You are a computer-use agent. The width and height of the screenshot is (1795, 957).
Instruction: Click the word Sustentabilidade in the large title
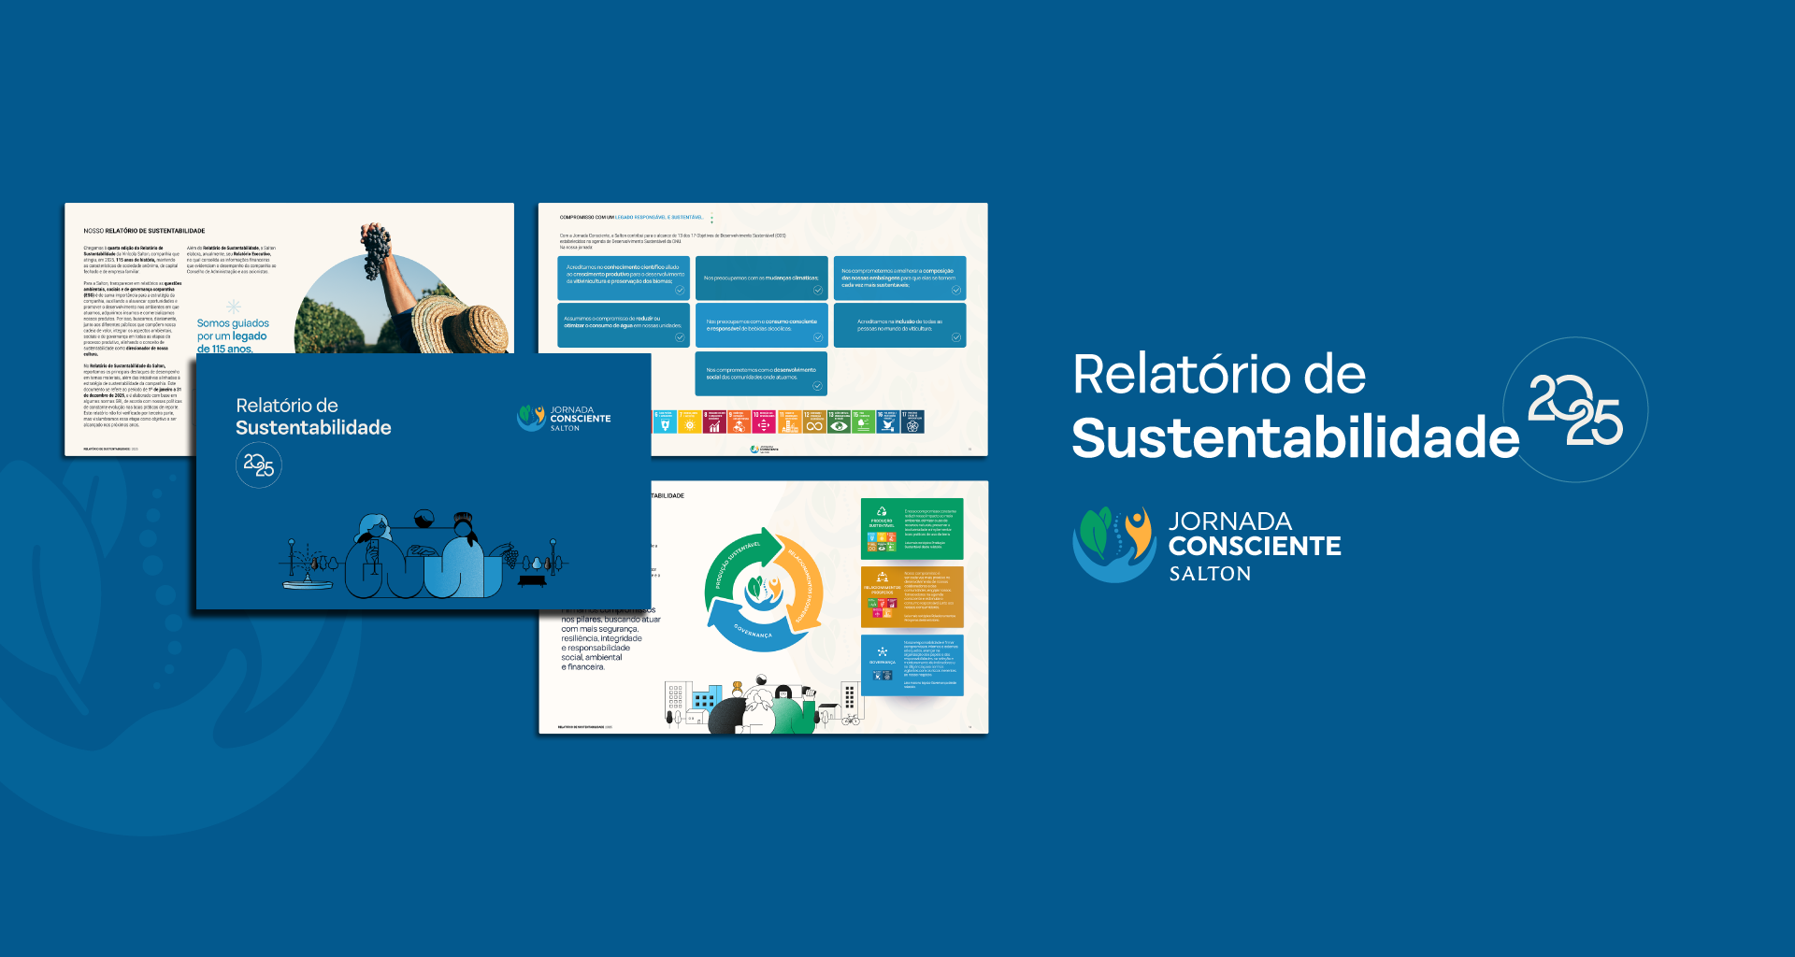coord(1295,437)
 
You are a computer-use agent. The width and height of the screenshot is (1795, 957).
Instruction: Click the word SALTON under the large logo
coord(1210,574)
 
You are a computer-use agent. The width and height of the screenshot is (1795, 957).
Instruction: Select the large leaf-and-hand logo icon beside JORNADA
coord(1114,544)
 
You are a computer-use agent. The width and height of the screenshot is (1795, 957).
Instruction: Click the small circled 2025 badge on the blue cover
coord(258,464)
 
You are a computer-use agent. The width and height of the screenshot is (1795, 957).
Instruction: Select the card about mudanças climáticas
coord(761,278)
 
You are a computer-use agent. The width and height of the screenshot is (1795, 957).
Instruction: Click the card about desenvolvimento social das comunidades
coord(761,373)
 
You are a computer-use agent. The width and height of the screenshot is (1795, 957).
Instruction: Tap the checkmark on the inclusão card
coord(955,337)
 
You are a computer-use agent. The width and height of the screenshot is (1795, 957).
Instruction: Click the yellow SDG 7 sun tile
coord(689,422)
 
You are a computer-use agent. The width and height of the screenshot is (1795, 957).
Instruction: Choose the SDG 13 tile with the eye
coord(839,422)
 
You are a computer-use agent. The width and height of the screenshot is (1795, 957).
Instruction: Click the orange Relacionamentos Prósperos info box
coord(912,596)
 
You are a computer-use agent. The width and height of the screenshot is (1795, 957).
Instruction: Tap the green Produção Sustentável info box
coord(912,528)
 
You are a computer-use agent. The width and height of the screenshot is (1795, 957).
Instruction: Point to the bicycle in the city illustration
coord(850,720)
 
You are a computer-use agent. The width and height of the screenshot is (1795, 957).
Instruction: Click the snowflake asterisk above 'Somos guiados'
coord(234,307)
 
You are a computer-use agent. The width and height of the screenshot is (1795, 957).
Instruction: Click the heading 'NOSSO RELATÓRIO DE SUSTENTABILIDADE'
coord(144,231)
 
